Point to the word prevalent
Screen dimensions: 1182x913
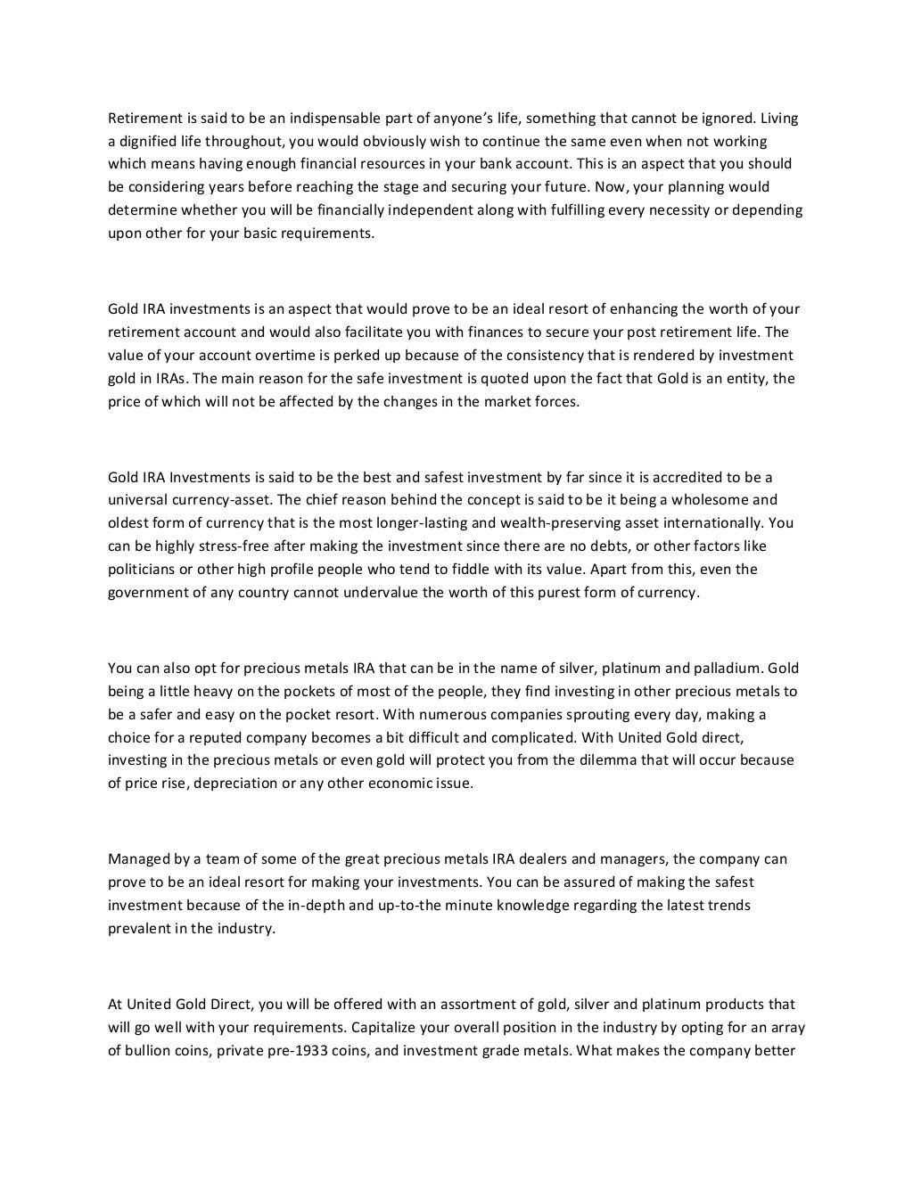coord(137,928)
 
